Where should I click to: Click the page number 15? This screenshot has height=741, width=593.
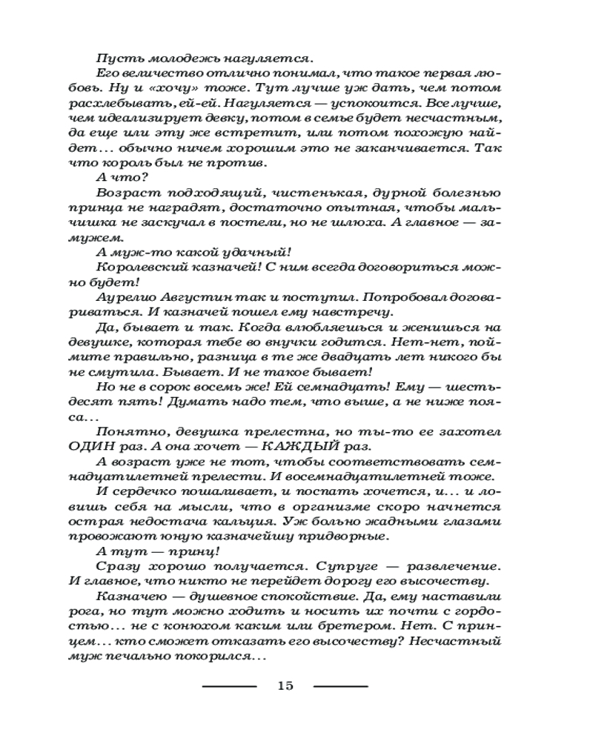(285, 685)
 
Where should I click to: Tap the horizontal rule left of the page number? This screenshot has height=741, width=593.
(229, 685)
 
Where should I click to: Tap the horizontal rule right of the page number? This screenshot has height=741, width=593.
(340, 685)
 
